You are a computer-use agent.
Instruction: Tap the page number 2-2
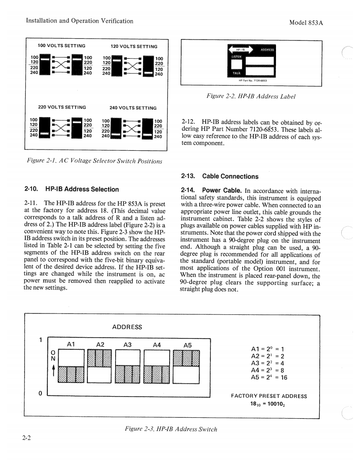pos(28,437)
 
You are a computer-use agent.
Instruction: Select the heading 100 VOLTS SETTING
pos(62,46)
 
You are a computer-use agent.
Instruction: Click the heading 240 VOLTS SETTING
pos(133,108)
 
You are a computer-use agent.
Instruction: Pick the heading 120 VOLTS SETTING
pos(134,47)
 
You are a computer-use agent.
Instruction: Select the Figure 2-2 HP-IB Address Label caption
pos(251,97)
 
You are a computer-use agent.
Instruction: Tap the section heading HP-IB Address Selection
pos(72,189)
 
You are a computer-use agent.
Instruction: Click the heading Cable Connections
pos(220,177)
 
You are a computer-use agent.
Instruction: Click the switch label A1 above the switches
pos(71,344)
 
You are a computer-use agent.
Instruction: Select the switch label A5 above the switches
pos(187,345)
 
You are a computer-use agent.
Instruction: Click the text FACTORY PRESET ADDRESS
pos(269,396)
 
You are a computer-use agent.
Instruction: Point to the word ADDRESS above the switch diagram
pos(127,327)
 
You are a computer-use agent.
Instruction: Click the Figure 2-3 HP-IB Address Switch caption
pos(171,429)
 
